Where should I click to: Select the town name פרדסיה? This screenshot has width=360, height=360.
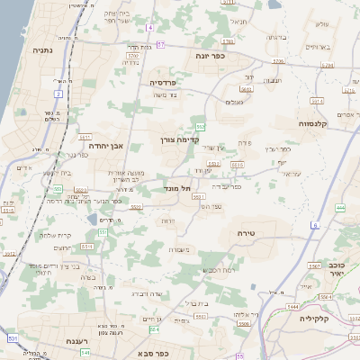pos(166,82)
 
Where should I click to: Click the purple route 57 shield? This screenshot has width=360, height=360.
pos(161,43)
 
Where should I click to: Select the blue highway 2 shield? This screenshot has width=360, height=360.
pos(58,94)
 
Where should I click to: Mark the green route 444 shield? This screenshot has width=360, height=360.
pos(340,208)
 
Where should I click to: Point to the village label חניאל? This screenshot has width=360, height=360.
pos(238,21)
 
